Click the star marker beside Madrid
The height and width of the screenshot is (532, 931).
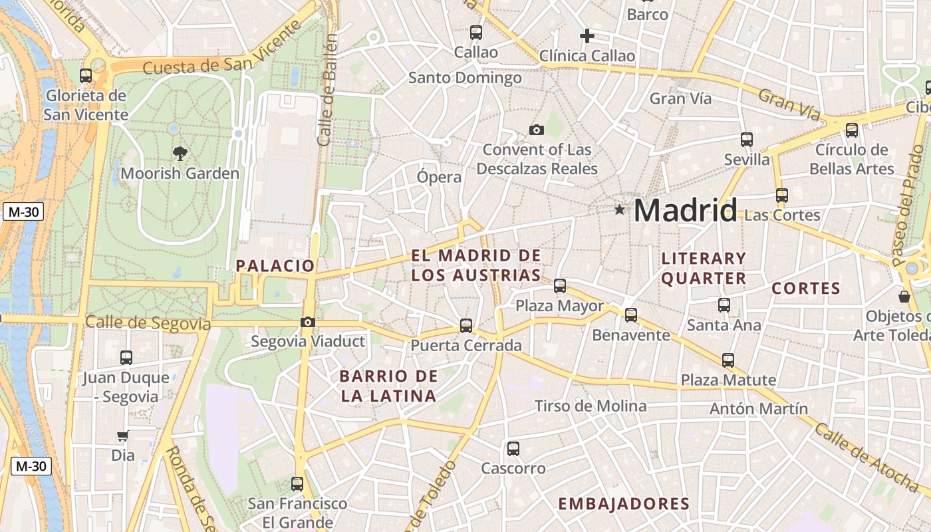pos(620,210)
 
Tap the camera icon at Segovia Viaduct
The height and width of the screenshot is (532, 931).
pos(307,323)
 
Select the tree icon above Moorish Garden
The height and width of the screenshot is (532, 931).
pos(180,154)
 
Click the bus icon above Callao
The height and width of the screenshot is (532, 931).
pos(476,32)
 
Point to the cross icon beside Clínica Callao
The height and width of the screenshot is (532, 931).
pos(587,36)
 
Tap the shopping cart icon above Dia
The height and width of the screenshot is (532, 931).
pos(122,436)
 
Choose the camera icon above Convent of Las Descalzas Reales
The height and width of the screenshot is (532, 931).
pos(537,130)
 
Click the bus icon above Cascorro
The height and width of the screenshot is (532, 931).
pos(513,449)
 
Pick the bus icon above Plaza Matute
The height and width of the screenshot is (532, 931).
pos(728,360)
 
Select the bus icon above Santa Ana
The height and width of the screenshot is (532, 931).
pos(724,305)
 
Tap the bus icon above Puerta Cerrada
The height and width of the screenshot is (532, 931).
pos(466,326)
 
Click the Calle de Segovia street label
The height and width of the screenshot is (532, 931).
pos(148,324)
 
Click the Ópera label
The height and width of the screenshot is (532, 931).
pos(439,177)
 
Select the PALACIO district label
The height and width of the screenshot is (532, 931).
pos(275,266)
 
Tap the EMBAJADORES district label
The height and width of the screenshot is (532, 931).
pos(624,504)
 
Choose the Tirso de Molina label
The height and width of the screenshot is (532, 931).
pos(591,406)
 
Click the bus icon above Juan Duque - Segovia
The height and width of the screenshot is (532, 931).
pos(126,358)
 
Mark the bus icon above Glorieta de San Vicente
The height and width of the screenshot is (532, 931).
pos(86,76)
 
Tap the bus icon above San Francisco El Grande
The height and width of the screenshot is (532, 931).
pos(297,484)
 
